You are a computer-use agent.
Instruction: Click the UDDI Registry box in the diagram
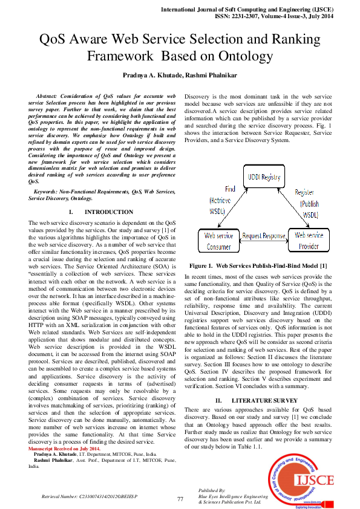[x=264, y=177]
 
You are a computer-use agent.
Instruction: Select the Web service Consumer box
[x=218, y=240]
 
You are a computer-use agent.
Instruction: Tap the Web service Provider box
[x=309, y=240]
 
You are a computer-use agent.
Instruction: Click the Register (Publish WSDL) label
[x=310, y=204]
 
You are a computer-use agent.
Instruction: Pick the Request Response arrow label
[x=263, y=236]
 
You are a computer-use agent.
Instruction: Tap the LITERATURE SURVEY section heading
[x=264, y=401]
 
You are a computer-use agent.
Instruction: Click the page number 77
[x=180, y=499]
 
